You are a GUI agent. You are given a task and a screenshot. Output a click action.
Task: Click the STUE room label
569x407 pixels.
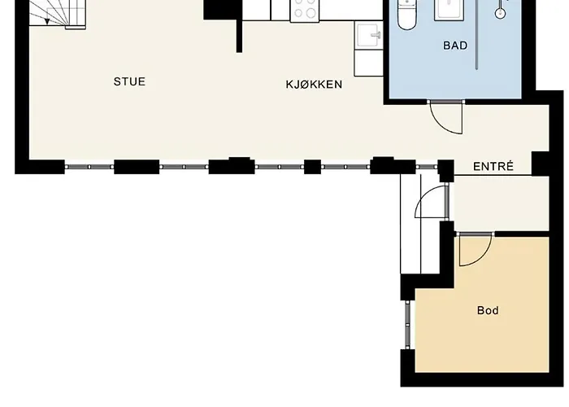(129, 81)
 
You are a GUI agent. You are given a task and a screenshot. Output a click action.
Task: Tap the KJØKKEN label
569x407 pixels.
(314, 85)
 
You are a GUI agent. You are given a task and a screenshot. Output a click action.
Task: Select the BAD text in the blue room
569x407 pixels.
(455, 46)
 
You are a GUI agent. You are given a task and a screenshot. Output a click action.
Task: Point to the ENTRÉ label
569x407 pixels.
(493, 166)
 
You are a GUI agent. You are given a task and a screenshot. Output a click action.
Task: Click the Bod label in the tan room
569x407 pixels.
(488, 310)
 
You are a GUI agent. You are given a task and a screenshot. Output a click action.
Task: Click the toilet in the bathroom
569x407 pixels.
(406, 14)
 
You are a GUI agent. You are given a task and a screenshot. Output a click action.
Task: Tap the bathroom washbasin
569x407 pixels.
(450, 10)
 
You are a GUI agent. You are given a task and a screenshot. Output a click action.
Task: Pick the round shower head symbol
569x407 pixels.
(501, 14)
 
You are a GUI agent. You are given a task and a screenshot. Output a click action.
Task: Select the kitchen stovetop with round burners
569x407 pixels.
(305, 10)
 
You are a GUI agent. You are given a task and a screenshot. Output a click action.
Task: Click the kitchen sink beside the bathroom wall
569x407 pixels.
(369, 35)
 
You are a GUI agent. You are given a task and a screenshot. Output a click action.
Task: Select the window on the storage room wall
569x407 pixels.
(407, 325)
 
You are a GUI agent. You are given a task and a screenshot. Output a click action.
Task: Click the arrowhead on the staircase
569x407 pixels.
(47, 22)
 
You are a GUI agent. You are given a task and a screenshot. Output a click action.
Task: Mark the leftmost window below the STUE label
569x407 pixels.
(89, 167)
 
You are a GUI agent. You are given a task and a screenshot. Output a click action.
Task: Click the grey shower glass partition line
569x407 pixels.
(477, 34)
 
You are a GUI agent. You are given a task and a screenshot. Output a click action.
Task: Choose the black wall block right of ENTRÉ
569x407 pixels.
(541, 164)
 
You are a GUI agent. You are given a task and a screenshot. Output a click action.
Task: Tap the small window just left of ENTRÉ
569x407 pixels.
(427, 167)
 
